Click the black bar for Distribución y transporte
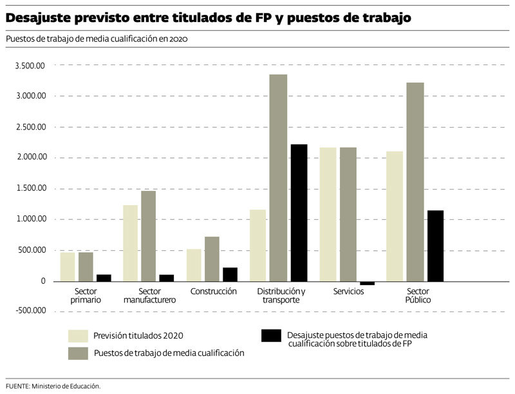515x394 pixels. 299,213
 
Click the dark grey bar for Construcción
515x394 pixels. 212,259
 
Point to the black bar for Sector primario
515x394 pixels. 104,278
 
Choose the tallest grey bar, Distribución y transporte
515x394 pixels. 278,178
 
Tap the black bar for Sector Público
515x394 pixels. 435,246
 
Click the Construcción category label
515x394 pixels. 214,291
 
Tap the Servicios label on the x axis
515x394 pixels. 348,291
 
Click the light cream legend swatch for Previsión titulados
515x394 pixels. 78,336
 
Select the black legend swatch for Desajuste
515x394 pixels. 271,336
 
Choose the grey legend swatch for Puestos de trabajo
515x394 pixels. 78,353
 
